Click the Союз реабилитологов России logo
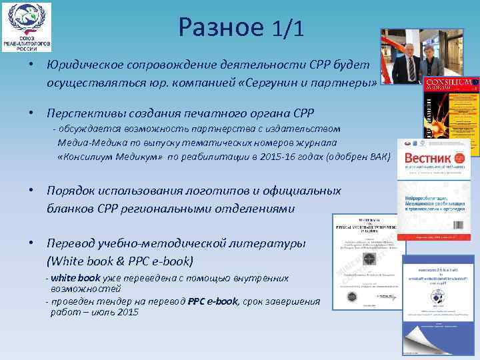pos(27,27)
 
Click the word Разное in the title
pos(221,28)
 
